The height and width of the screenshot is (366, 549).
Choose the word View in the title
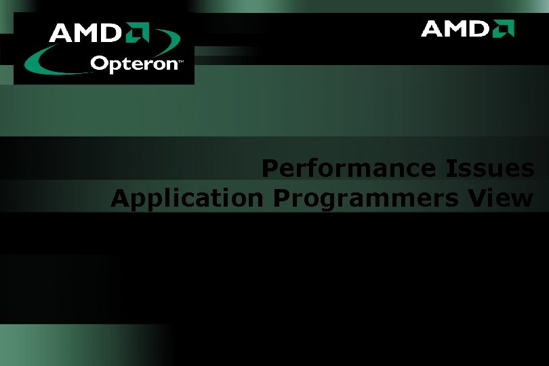[504, 199]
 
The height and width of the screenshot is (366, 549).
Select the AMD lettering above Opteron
[84, 33]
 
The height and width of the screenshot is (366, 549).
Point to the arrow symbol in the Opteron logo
[136, 33]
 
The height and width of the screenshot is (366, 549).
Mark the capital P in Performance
[270, 168]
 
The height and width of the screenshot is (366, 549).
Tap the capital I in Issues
[450, 168]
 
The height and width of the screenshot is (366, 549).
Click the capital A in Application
[120, 199]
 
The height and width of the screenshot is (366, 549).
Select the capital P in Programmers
[281, 199]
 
